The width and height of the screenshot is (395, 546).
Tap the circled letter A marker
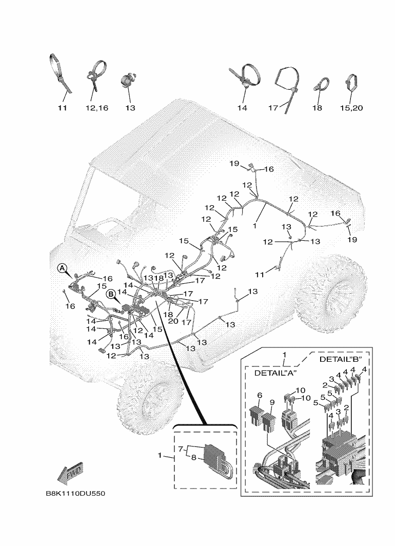(62, 268)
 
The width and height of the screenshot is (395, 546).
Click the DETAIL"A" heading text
(276, 374)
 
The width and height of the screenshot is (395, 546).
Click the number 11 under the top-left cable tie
(63, 108)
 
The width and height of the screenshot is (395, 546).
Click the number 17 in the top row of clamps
(273, 108)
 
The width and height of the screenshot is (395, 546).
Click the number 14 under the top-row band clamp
(242, 108)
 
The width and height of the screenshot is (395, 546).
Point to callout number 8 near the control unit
(194, 458)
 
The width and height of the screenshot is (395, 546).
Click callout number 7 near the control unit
(180, 450)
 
